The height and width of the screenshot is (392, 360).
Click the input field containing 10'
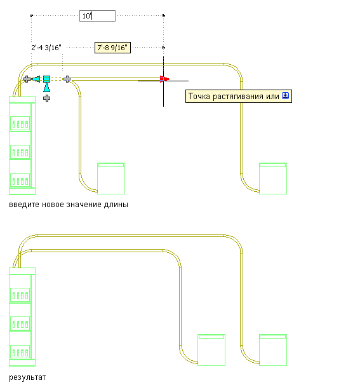pyautogui.click(x=97, y=16)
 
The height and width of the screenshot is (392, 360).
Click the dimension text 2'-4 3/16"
pyautogui.click(x=46, y=48)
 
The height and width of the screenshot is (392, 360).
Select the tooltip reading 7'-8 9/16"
pyautogui.click(x=112, y=48)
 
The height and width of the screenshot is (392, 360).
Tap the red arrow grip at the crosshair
pyautogui.click(x=164, y=79)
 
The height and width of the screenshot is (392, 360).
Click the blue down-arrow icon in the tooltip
pyautogui.click(x=285, y=96)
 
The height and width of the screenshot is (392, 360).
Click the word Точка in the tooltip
pyautogui.click(x=199, y=96)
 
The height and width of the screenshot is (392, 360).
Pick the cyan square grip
pyautogui.click(x=47, y=79)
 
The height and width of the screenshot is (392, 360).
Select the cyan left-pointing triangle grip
pyautogui.click(x=36, y=79)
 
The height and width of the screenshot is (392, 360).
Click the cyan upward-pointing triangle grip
pyautogui.click(x=47, y=88)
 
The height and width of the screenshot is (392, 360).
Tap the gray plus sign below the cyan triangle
pyautogui.click(x=47, y=98)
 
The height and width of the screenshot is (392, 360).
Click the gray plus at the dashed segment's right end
pyautogui.click(x=67, y=79)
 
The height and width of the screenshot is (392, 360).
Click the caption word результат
pyautogui.click(x=27, y=377)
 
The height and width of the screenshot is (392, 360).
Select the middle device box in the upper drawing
pyautogui.click(x=111, y=179)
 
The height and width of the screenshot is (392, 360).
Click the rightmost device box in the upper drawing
pyautogui.click(x=273, y=179)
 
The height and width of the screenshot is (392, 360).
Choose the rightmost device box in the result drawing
pyautogui.click(x=273, y=350)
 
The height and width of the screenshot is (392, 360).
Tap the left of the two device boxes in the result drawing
pyautogui.click(x=211, y=350)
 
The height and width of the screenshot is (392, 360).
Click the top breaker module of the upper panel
pyautogui.click(x=20, y=123)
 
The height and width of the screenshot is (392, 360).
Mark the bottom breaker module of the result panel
pyautogui.click(x=20, y=352)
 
